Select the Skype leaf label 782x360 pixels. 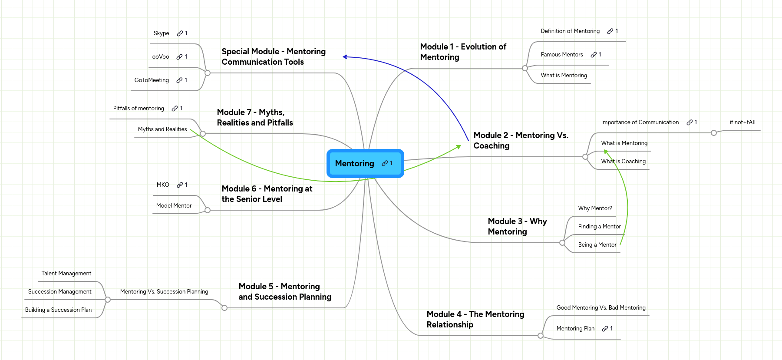point(161,33)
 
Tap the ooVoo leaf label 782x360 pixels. point(161,57)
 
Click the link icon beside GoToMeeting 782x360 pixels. point(179,80)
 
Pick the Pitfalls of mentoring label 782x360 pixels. point(139,109)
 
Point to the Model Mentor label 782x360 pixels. point(174,206)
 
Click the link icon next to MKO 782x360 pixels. point(180,185)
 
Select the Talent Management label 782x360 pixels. point(66,274)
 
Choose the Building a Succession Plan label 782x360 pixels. point(58,310)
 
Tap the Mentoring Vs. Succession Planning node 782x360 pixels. point(164,292)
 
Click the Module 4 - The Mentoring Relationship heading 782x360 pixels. point(475,319)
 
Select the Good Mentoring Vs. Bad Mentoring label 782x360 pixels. point(601,308)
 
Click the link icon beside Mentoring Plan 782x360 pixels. point(605,329)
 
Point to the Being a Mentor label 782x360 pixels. point(597,245)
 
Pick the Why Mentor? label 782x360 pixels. point(595,208)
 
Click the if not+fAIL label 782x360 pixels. point(743,122)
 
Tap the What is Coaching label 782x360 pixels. point(623,162)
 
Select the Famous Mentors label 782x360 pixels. point(562,55)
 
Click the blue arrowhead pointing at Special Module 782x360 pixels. point(345,57)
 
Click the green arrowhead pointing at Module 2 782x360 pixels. point(459,147)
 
